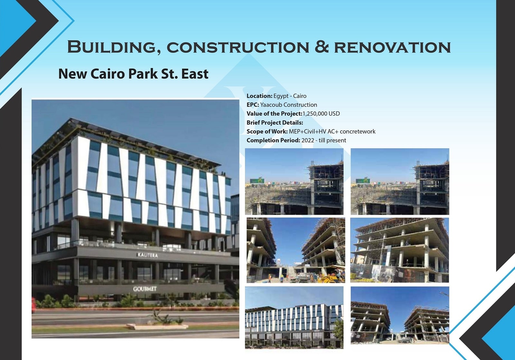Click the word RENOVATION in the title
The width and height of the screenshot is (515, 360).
392,47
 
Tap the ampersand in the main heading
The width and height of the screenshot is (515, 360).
322,47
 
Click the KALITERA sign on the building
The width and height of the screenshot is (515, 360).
147,255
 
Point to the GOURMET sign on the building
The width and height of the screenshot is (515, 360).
145,289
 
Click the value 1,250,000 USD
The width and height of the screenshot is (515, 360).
321,114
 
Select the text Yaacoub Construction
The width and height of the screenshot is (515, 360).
288,105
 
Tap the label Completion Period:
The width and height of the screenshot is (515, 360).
273,140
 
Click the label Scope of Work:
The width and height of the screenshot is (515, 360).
267,132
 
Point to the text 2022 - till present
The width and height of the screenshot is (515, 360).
324,140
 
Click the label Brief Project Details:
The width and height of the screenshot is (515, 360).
275,123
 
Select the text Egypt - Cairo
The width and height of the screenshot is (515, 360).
290,96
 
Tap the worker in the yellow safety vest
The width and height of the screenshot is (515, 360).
281,278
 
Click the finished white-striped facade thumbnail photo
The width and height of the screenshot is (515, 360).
294,317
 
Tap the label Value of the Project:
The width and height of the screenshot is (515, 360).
275,114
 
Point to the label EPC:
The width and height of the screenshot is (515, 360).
253,105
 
